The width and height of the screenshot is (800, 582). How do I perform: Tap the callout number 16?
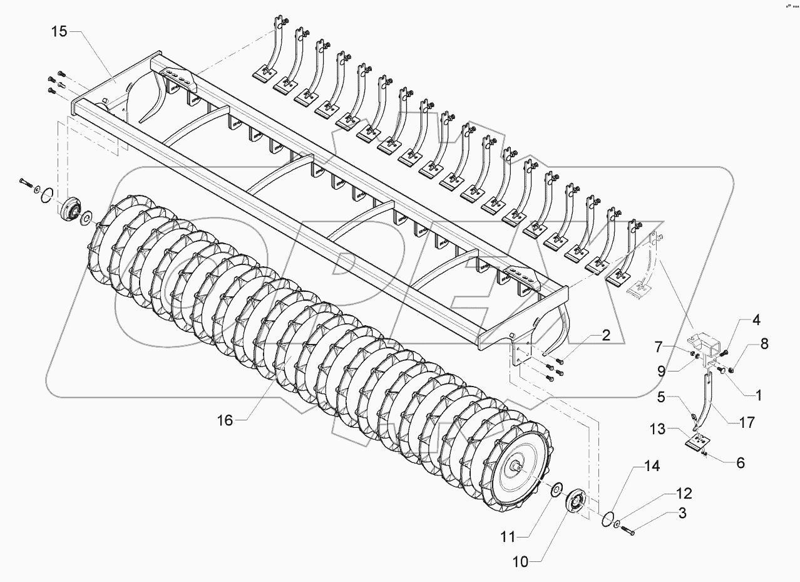click(225, 420)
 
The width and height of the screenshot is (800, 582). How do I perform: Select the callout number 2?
click(607, 336)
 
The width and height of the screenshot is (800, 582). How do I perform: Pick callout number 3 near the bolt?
click(682, 513)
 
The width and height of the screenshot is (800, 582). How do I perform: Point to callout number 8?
click(764, 344)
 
